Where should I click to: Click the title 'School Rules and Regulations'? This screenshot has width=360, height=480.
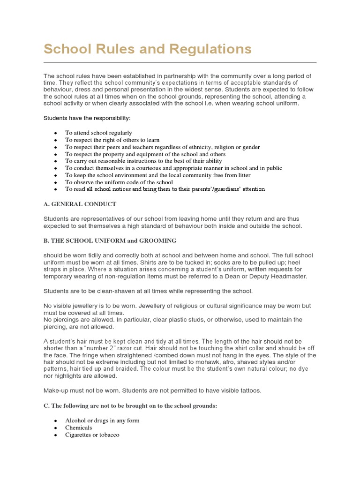click(147, 49)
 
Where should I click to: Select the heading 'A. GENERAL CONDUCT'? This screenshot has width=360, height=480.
click(80, 204)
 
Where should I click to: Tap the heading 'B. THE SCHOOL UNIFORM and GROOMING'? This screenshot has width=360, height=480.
click(110, 240)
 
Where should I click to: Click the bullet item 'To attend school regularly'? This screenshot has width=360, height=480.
click(98, 133)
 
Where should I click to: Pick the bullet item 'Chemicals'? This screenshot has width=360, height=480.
click(78, 427)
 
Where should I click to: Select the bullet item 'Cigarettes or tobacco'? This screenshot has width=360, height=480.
click(92, 435)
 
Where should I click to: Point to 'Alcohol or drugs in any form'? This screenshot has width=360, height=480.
click(102, 420)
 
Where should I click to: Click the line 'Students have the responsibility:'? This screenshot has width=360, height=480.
click(87, 118)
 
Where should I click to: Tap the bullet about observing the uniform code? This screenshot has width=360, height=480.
click(119, 182)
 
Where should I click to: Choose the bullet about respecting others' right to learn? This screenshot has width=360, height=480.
click(112, 140)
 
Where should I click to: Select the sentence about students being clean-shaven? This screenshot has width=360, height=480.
click(148, 291)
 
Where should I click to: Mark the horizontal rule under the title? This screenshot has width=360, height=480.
click(180, 62)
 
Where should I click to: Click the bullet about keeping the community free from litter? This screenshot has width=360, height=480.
click(157, 175)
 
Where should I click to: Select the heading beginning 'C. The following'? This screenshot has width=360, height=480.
click(130, 406)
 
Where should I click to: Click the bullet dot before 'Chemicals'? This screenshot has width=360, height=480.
click(55, 428)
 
